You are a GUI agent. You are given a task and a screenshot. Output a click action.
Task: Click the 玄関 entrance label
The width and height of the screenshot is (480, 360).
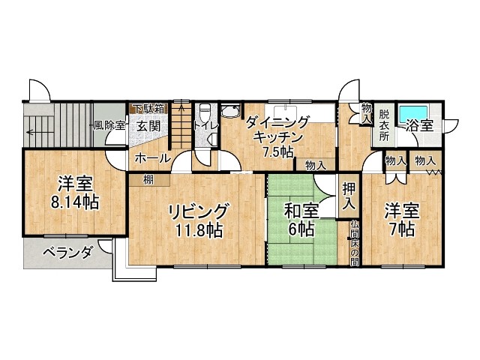point(148,126)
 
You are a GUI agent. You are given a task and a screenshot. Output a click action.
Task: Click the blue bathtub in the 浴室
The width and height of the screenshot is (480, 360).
point(413,115)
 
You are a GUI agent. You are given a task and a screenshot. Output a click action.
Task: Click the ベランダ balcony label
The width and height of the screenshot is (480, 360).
point(67,253)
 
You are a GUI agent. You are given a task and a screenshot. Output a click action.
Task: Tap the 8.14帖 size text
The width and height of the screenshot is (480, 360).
point(75,202)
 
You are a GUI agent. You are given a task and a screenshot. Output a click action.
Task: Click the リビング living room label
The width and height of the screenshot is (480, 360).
point(198,212)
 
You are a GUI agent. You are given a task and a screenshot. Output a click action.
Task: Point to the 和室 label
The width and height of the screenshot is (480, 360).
point(301,211)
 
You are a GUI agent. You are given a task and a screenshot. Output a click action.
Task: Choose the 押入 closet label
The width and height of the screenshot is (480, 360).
point(349,196)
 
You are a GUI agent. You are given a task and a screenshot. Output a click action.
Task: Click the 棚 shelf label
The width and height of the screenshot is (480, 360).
point(148,180)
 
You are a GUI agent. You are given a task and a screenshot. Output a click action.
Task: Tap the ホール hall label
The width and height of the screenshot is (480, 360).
point(152,158)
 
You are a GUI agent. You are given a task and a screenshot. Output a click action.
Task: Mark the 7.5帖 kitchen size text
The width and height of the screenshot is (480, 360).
point(278,151)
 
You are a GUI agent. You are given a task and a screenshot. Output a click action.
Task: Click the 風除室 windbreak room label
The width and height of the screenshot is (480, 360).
point(109,125)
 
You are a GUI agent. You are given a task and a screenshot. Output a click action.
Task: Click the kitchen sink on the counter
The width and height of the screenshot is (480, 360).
point(286,111)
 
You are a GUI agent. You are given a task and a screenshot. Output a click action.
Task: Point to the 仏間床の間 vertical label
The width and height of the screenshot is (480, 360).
point(354,243)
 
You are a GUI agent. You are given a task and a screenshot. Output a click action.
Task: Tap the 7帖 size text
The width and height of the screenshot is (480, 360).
point(402,229)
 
